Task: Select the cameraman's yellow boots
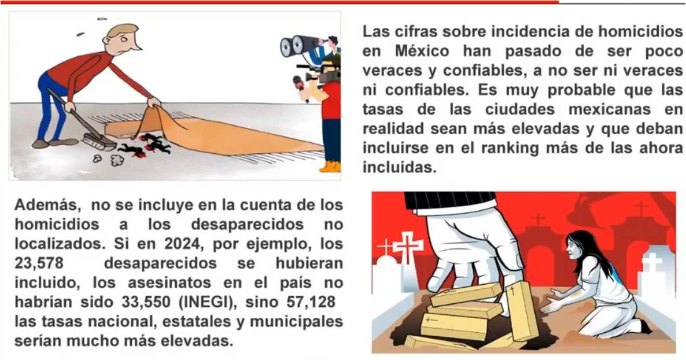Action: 330,167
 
